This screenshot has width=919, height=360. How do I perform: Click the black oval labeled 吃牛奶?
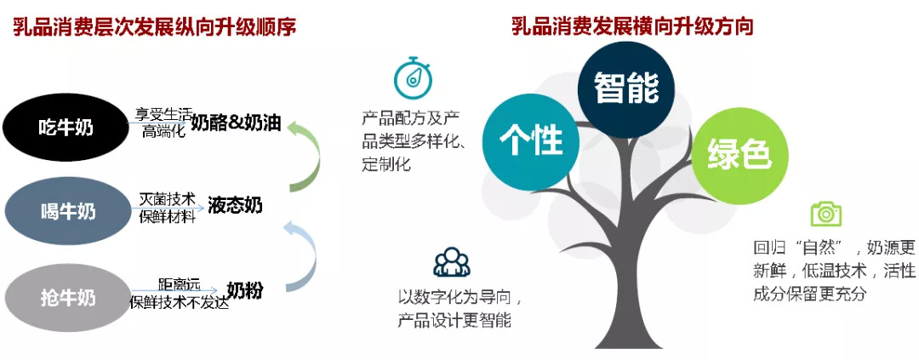(65, 127)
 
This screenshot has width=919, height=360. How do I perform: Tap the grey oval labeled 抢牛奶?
(67, 298)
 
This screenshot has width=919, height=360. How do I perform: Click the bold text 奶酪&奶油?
(237, 123)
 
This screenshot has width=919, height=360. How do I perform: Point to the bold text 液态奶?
(235, 205)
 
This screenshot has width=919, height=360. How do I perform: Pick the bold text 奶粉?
(244, 290)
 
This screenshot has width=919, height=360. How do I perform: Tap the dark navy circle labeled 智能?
(626, 89)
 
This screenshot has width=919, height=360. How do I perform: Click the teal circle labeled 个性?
(531, 141)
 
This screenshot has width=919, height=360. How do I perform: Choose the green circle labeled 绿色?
(739, 156)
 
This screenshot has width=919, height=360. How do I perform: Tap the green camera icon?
(825, 214)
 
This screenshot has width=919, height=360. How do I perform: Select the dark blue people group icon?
(452, 261)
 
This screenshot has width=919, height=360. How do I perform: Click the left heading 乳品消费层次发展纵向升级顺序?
(155, 27)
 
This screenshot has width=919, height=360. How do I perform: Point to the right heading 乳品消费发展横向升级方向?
(632, 26)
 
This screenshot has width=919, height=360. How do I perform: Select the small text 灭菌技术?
(167, 199)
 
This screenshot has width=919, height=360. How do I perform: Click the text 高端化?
(163, 131)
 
